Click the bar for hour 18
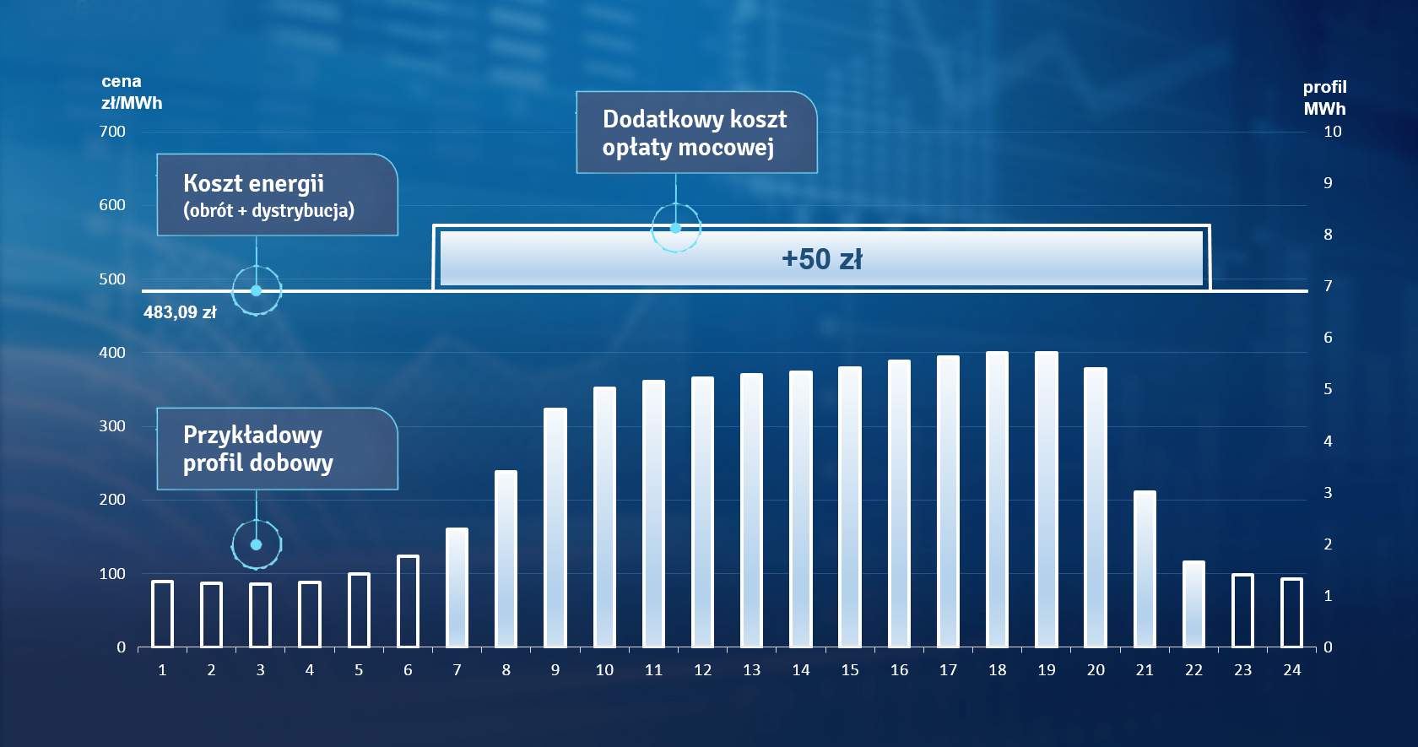tap(997, 500)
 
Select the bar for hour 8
tap(506, 559)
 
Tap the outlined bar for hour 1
tap(163, 614)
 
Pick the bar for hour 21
tap(1145, 569)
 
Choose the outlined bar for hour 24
tap(1291, 613)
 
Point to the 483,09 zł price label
tap(180, 312)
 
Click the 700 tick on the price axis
tap(112, 132)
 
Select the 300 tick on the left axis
tap(112, 426)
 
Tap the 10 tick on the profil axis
tap(1332, 132)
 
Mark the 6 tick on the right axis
tap(1328, 338)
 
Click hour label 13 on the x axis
tap(751, 670)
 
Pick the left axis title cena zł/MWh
tap(132, 93)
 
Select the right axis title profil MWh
tap(1324, 98)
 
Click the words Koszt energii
tap(253, 184)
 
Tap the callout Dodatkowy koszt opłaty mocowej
tap(696, 133)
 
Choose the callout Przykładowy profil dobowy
tap(277, 449)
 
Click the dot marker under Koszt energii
tap(257, 290)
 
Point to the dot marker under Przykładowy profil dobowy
tap(257, 544)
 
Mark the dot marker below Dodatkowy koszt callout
tap(675, 228)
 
